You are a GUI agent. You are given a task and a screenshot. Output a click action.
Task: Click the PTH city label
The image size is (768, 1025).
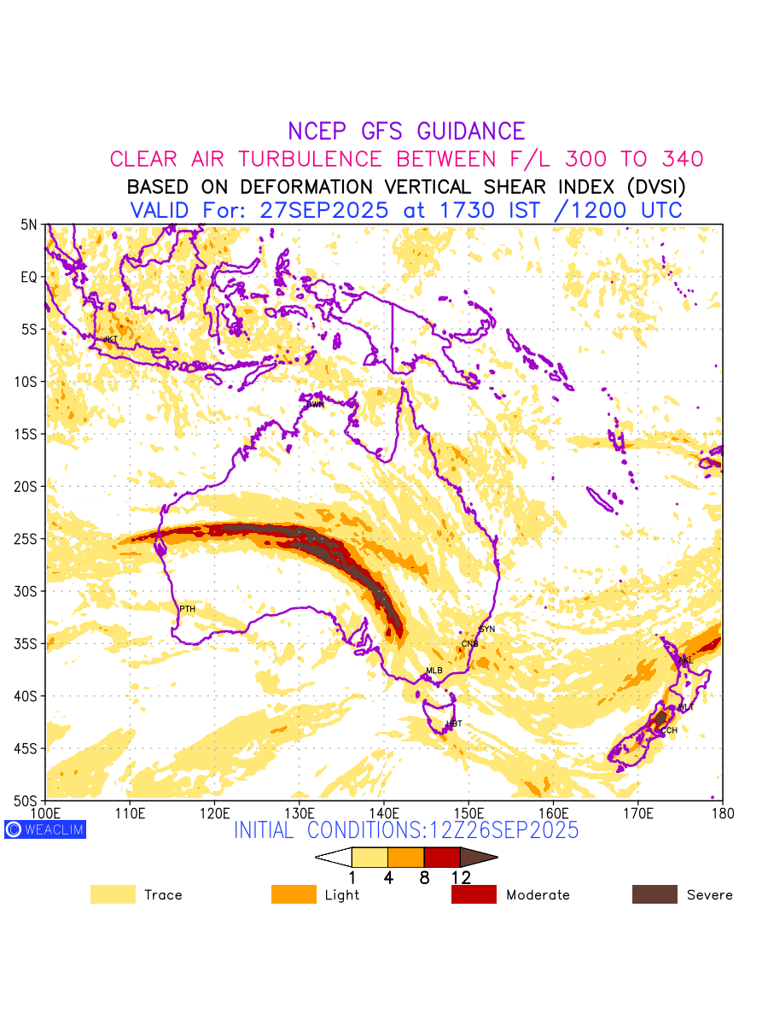(x=187, y=609)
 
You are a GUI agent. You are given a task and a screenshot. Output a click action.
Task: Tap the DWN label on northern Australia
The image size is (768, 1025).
(x=315, y=404)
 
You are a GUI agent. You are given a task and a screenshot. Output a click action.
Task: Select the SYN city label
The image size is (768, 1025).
(x=486, y=630)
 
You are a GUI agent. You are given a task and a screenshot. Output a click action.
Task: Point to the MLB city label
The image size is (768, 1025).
(x=434, y=671)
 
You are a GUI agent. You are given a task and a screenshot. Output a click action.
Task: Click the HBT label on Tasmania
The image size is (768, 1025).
(x=454, y=723)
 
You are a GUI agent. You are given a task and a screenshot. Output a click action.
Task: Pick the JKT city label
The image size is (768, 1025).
(x=110, y=339)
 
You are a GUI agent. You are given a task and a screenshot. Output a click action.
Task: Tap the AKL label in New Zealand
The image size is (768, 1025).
(x=684, y=660)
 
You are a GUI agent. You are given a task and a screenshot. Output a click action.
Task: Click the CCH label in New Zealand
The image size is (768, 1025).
(x=669, y=730)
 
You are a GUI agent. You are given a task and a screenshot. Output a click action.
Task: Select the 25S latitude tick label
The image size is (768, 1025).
(x=29, y=539)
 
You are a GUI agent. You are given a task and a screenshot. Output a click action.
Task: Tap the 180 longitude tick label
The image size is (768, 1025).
(x=722, y=811)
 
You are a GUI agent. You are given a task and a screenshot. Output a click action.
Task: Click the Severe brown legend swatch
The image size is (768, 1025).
(x=655, y=894)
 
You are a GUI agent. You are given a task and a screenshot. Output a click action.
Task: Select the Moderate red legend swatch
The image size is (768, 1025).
(x=474, y=894)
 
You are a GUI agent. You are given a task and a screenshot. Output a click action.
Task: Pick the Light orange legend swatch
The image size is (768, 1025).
(x=294, y=894)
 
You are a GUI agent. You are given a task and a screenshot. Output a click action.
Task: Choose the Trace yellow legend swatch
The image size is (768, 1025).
(x=113, y=894)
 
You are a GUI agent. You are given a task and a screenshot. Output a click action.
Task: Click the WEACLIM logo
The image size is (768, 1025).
(x=45, y=829)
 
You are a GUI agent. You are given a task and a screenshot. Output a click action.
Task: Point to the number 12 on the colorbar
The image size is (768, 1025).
(x=460, y=877)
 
